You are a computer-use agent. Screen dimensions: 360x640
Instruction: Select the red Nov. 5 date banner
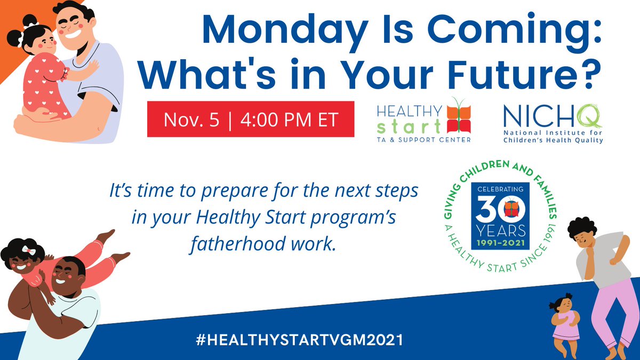pyautogui.click(x=251, y=119)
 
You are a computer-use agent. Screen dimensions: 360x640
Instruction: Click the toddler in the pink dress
pyautogui.click(x=565, y=323)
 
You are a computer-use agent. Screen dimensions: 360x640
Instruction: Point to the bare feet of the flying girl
pyautogui.click(x=115, y=245)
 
